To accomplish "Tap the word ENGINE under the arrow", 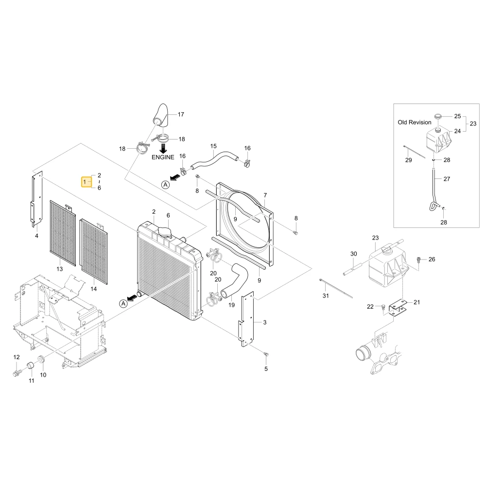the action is (x=163, y=157).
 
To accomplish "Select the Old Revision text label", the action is (x=415, y=122).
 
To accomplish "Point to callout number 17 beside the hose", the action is (x=181, y=114).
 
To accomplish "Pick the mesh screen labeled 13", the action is (x=63, y=233).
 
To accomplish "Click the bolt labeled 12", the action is (x=17, y=373).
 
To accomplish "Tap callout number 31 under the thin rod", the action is (x=326, y=295).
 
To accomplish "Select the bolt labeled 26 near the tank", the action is (x=419, y=260).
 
